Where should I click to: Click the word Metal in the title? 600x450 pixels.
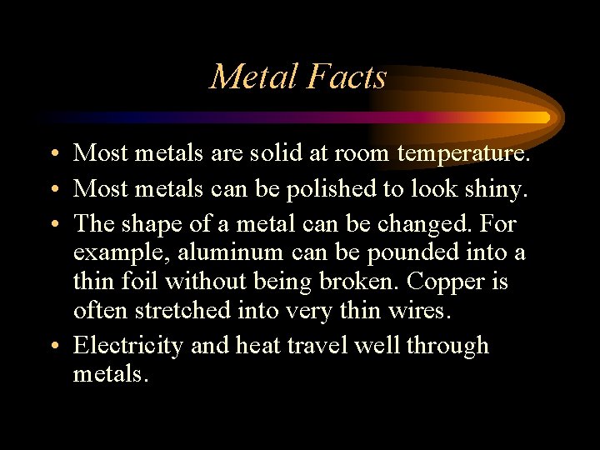(x=253, y=77)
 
